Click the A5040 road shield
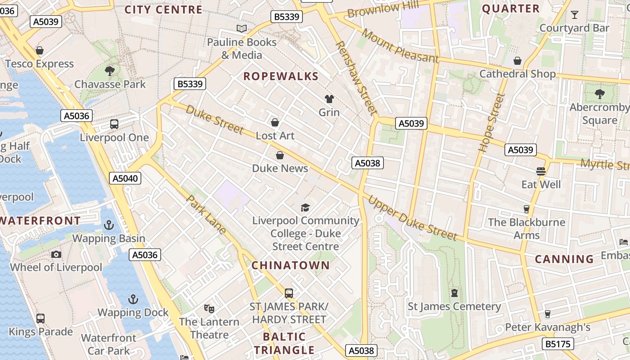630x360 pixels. tap(125, 178)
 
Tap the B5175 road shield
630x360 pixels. tap(558, 344)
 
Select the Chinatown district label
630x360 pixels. tap(290, 265)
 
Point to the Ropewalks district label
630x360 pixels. tap(281, 76)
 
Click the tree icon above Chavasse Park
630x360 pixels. tap(109, 71)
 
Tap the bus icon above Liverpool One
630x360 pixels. tap(114, 124)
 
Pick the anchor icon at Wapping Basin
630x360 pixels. tap(108, 225)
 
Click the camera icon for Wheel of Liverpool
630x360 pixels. tap(56, 254)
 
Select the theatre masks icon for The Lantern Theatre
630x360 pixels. tap(209, 309)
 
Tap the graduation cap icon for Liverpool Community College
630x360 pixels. tap(306, 207)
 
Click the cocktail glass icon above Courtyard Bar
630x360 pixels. tap(574, 15)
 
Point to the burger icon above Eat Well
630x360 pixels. tap(541, 171)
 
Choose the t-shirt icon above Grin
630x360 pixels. tap(329, 99)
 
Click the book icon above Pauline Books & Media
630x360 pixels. tap(242, 29)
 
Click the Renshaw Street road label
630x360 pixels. tap(355, 77)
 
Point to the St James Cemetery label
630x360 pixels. tap(454, 306)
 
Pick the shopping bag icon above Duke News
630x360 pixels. tap(280, 155)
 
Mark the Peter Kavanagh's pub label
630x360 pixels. tap(548, 327)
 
